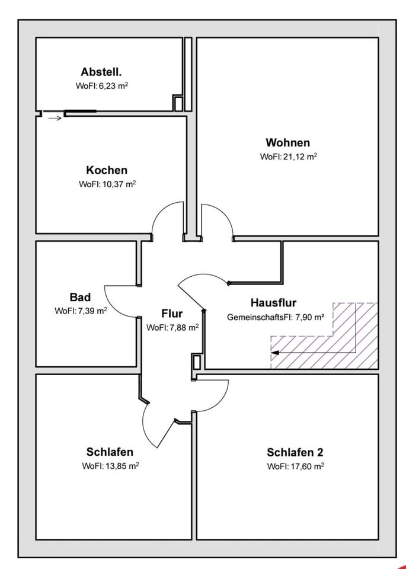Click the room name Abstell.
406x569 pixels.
coord(101,72)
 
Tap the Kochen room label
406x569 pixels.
coord(107,170)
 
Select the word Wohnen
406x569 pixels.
coord(287,142)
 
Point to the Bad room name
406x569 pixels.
coord(80,297)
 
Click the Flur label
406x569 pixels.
coord(172,314)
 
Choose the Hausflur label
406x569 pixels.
coord(274,303)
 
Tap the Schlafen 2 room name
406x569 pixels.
coord(295,452)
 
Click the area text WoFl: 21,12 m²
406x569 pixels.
coord(289,156)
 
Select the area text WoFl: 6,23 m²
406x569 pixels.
coord(101,86)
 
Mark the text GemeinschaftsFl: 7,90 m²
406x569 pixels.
coord(276,317)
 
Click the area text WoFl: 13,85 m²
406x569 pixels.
coord(111,466)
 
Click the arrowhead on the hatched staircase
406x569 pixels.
coord(275,352)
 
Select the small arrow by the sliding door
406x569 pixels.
coord(55,119)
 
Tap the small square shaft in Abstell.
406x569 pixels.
coord(177,103)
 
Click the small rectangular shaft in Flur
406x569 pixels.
coord(196,362)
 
